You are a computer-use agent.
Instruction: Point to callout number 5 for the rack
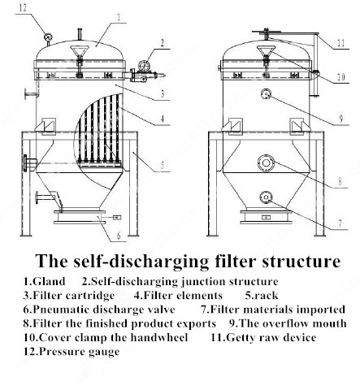tap(163, 166)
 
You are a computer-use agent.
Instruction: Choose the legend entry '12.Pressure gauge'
tap(72, 352)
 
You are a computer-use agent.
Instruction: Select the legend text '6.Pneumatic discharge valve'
tap(93, 310)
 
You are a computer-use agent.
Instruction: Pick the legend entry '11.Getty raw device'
tap(263, 337)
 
